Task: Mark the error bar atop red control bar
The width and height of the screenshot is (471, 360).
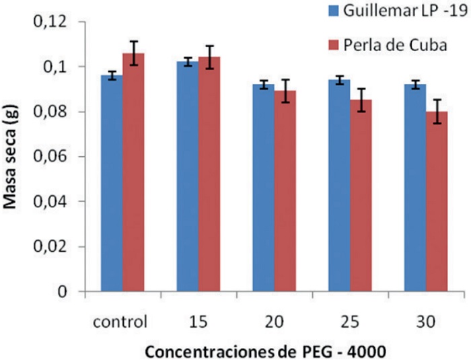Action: click(133, 53)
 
